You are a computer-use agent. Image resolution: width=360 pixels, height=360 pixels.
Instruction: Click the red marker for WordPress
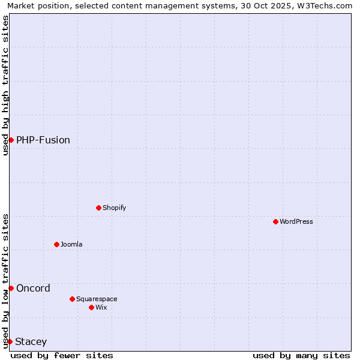click(275, 221)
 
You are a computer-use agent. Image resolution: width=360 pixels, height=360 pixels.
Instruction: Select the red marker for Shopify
click(98, 208)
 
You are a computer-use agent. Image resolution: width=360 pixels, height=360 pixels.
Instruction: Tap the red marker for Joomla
click(56, 244)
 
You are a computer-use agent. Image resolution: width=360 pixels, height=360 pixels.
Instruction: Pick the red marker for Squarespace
click(72, 299)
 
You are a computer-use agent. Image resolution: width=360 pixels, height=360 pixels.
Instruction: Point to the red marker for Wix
click(91, 307)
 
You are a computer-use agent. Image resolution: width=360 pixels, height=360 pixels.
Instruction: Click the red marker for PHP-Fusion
click(11, 140)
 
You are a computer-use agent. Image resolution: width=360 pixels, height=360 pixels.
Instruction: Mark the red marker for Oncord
click(11, 288)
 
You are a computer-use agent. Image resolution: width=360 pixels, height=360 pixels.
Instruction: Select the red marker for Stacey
click(10, 341)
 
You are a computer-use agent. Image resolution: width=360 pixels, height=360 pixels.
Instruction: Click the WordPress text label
click(296, 221)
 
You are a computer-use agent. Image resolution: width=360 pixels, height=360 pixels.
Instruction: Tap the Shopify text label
click(114, 208)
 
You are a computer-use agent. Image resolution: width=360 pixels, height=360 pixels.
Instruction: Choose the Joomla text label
click(71, 244)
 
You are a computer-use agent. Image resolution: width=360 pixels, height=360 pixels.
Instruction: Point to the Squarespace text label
click(97, 299)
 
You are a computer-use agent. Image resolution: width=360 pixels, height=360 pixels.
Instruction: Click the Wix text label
click(101, 307)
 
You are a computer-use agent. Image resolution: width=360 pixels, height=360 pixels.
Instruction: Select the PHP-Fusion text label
click(43, 140)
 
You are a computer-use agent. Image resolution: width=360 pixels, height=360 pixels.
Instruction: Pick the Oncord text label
click(34, 288)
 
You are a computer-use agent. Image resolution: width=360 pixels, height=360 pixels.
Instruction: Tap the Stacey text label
click(31, 341)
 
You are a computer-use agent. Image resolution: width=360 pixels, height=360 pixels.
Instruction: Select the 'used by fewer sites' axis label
click(62, 355)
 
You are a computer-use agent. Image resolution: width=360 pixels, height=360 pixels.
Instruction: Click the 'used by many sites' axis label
click(301, 355)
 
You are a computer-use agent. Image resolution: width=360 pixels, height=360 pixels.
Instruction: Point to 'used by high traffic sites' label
click(5, 85)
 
